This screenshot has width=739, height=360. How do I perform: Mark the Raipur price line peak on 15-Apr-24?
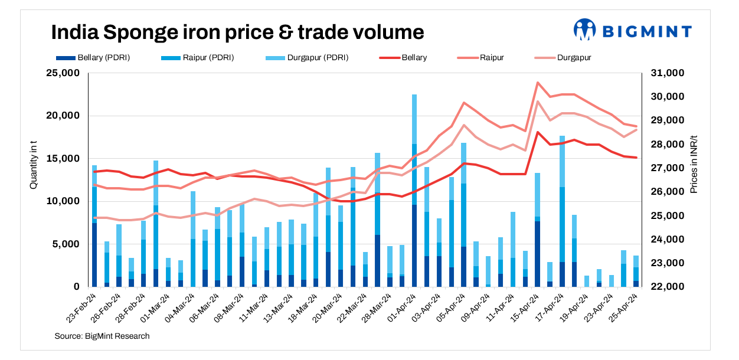click(538, 83)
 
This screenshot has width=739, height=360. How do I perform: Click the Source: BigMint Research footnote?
click(102, 336)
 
